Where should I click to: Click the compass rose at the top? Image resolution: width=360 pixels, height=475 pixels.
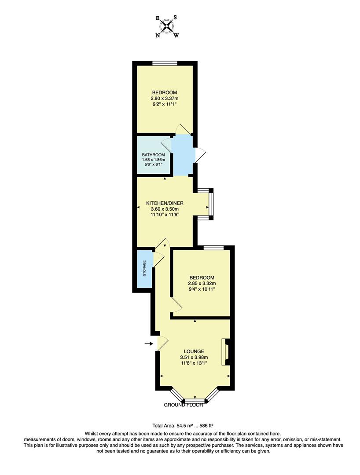coord(166,26)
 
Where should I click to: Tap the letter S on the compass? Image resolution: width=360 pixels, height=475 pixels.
coord(175,18)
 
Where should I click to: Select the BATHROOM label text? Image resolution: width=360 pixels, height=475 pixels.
coord(153,155)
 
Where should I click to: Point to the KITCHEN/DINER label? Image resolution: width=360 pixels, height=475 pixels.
coord(165,203)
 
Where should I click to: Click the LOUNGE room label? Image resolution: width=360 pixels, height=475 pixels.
coord(194,351)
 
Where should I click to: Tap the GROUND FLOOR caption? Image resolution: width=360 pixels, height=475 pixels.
coord(184,405)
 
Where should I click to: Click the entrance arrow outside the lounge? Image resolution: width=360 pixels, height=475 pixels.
coord(148,343)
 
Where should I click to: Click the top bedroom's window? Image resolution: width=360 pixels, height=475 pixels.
coord(165,64)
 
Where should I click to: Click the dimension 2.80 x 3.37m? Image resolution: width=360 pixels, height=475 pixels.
coord(165,99)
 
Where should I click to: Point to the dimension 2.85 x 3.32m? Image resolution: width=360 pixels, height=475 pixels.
coord(202,284)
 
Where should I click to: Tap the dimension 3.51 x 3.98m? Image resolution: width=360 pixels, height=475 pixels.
coord(194,357)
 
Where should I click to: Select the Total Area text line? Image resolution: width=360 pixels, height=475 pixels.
coord(183,426)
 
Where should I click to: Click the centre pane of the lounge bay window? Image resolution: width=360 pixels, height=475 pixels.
coord(195,400)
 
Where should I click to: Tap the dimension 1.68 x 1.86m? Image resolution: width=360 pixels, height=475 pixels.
coord(153,160)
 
